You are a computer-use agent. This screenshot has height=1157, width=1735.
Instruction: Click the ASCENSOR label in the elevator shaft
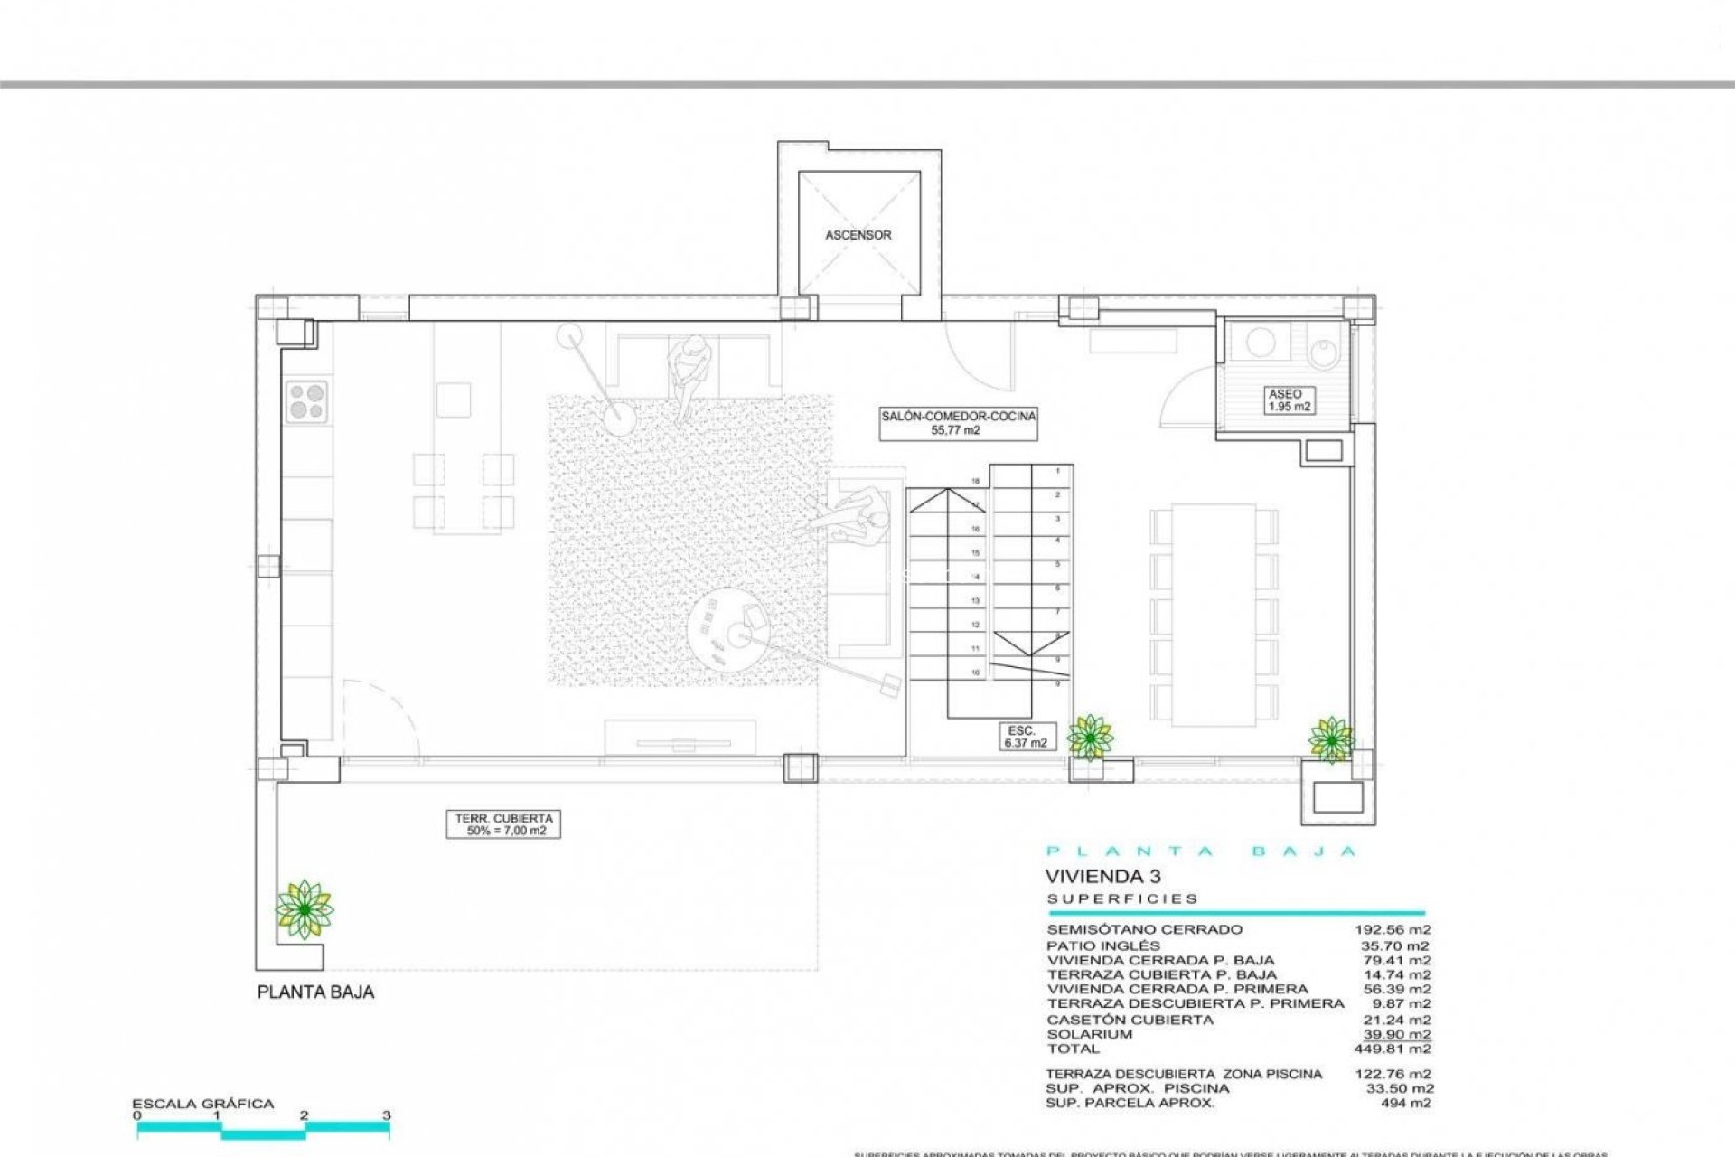858,235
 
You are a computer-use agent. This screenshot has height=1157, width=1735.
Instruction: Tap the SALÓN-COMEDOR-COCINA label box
959,423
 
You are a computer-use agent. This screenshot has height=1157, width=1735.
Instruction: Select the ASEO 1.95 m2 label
1285,400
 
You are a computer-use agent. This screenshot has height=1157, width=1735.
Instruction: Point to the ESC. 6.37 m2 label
1024,736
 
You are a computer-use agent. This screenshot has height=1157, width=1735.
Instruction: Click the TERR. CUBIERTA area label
502,824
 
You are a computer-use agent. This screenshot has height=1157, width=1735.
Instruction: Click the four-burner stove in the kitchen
307,401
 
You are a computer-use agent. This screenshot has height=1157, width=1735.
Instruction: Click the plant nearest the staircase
1091,737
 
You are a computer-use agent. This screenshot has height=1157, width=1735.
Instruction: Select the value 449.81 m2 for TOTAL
1395,1049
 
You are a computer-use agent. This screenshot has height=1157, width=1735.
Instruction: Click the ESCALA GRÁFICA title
202,1104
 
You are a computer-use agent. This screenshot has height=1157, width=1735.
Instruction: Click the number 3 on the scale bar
387,1115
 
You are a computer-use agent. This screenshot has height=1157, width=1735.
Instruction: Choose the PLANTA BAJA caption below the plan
315,992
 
